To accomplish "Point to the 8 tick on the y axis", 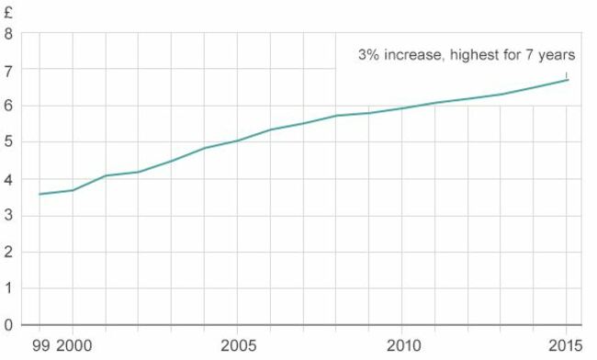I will [8, 34].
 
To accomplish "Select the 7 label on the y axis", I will [8, 70].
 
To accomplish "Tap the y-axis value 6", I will [8, 107].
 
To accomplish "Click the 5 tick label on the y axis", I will [8, 142].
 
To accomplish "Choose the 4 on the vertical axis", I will [8, 179].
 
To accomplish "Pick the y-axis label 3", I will [8, 216].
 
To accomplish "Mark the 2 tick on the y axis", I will [8, 252].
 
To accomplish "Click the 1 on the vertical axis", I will [8, 288].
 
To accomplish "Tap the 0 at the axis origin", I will [8, 325].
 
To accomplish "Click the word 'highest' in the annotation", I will [474, 55].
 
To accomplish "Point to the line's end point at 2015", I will [567, 80].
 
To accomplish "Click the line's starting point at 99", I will [39, 194].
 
